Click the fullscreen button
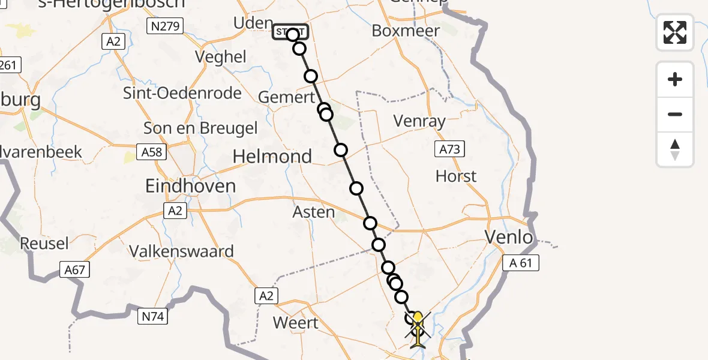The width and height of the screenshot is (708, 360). coord(675,32)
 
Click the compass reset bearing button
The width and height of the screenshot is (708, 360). coord(675,149)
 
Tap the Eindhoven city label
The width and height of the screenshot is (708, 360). coord(190,186)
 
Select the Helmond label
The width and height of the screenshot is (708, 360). coord(272,157)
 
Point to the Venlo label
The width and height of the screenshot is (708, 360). coord(509,238)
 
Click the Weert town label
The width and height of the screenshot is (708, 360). coord(296,322)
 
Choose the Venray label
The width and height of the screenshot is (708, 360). coord(419,121)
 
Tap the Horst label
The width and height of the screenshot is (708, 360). coord(457,176)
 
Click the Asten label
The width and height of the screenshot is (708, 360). coord(314,212)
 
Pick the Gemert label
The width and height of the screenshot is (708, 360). coord(286,97)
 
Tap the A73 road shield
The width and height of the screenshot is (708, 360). coord(449,149)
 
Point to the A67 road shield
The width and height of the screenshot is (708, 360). coord(74,271)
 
